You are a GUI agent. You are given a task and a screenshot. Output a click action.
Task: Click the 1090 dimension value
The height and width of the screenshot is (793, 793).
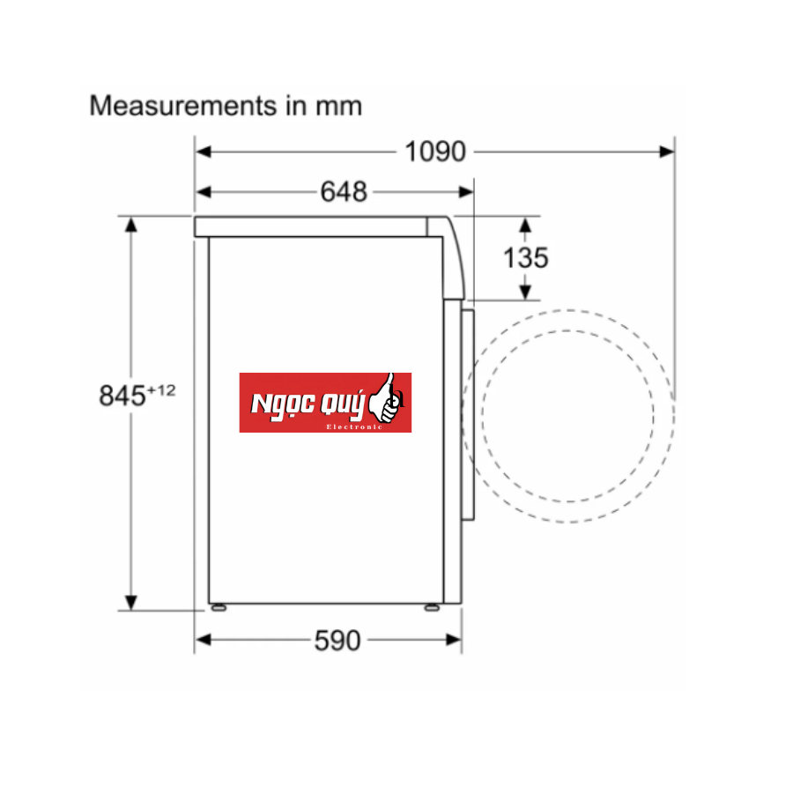pos(434,152)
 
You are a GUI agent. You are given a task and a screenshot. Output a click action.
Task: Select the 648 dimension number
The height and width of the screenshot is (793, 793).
pos(344,191)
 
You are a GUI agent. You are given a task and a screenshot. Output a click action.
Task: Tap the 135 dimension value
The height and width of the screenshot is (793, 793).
pos(525,257)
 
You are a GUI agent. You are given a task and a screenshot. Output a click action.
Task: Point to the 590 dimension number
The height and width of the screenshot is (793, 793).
pos(337,641)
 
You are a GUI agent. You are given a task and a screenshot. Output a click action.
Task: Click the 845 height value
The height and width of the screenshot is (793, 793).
pos(122,396)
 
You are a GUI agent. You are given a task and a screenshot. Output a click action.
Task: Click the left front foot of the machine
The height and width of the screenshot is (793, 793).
pos(217,607)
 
